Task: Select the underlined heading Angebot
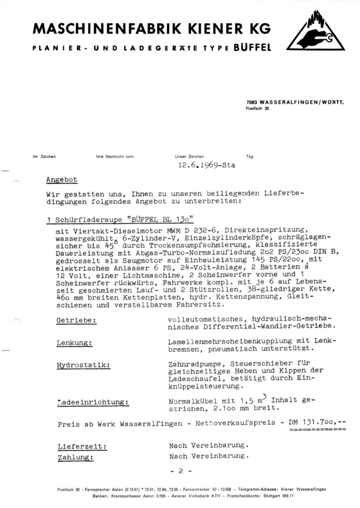point(61,180)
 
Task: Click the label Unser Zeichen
point(189,156)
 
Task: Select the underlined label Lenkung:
point(74,343)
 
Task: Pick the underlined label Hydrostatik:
point(83,365)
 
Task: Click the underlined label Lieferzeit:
point(82,446)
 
